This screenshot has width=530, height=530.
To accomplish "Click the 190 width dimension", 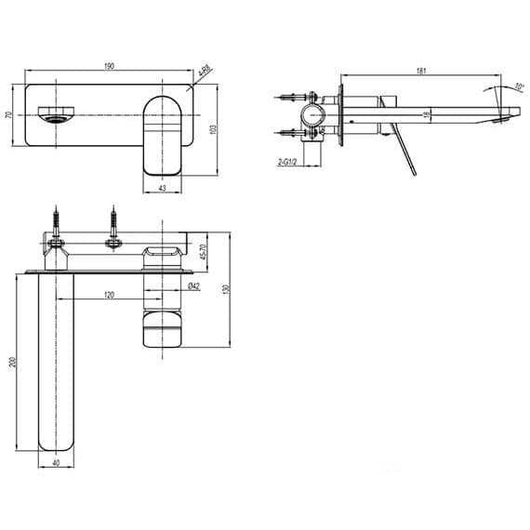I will pos(110,66).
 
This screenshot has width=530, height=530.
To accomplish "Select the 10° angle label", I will pos(517,88).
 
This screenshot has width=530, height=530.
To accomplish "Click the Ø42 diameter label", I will pos(193,286).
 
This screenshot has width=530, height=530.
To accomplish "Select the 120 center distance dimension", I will pos(109,295).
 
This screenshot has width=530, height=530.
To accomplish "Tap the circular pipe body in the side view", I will pos(312,116).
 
